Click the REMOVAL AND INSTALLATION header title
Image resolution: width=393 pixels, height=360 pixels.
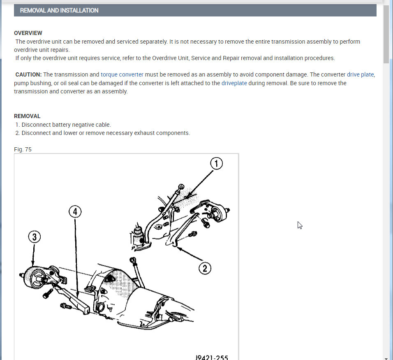[59, 10]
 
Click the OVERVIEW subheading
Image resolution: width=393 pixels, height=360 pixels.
[28, 33]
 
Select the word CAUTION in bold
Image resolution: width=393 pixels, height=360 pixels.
[28, 74]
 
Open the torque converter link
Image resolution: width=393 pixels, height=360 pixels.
[122, 74]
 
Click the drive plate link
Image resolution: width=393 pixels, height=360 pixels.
[361, 74]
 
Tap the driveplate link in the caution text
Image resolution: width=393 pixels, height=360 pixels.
[234, 83]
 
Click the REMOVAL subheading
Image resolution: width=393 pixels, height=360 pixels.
[27, 116]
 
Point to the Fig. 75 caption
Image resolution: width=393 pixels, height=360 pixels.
[23, 149]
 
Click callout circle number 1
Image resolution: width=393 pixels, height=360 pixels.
[216, 163]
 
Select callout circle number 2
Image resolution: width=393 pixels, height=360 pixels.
[205, 269]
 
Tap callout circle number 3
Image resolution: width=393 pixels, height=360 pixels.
[35, 237]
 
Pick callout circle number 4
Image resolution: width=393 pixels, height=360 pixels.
[75, 212]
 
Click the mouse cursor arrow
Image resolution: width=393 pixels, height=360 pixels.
[300, 225]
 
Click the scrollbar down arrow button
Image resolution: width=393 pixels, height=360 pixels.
[386, 357]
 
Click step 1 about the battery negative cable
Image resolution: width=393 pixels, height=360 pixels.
[66, 124]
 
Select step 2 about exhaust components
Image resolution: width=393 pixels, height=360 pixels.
[105, 133]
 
